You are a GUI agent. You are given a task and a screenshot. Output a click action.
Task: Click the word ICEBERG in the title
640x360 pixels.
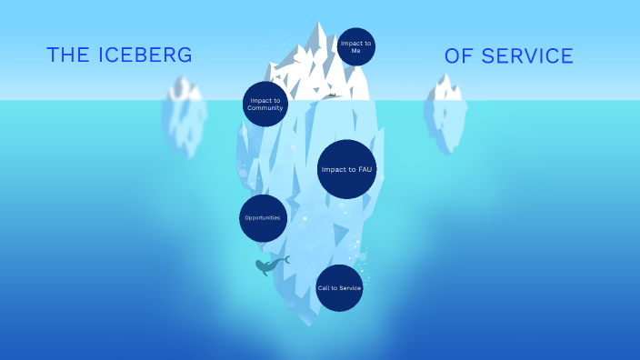145,55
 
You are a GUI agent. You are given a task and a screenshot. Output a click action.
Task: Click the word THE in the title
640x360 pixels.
66,55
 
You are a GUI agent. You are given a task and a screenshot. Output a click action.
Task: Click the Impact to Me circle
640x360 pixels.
355,46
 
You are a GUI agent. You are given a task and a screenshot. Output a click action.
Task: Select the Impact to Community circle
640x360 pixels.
265,103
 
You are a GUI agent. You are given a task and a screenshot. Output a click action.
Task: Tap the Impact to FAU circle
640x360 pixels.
346,169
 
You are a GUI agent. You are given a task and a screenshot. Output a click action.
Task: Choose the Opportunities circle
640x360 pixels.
264,218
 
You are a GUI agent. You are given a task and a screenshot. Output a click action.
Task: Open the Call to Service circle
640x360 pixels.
340,288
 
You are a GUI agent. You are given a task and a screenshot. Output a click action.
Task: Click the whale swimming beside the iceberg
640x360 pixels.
269,265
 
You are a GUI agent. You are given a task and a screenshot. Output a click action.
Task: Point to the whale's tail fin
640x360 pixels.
285,259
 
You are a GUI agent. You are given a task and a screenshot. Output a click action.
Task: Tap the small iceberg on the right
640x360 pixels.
445,114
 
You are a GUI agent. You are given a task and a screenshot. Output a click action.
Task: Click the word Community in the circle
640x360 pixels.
265,108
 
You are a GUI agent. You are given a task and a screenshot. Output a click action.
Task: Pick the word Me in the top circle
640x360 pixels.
355,51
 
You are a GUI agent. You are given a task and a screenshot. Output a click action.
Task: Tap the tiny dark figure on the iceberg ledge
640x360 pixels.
333,95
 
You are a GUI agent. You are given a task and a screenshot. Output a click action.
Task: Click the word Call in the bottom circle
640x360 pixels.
324,288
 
